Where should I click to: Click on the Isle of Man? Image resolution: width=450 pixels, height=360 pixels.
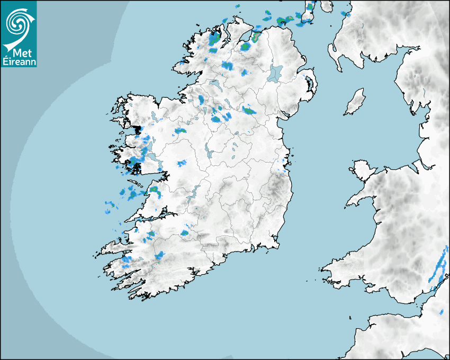[x=355, y=102]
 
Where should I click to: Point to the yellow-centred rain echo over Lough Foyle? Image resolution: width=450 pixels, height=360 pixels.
[x=257, y=37]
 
